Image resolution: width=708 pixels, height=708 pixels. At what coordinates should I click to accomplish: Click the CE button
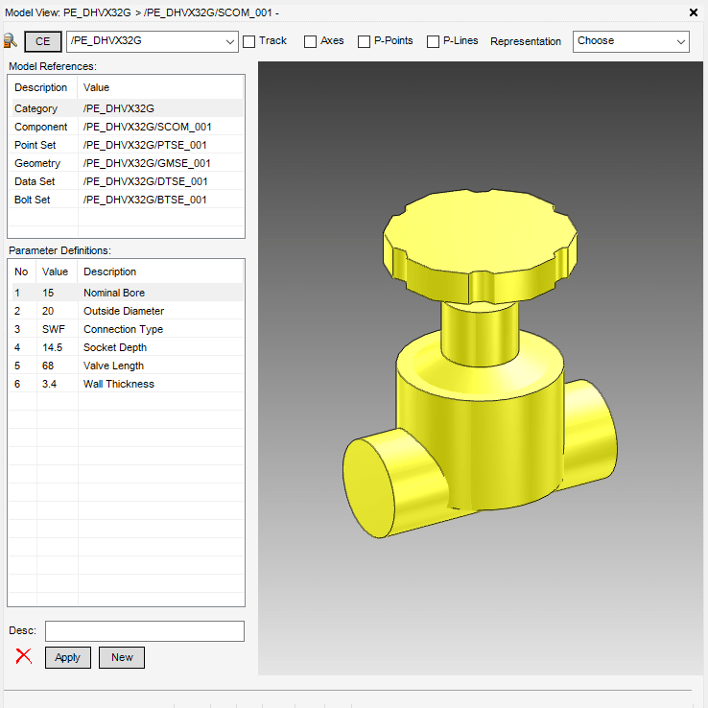pos(43,41)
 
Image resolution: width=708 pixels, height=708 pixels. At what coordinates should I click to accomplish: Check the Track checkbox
pos(249,41)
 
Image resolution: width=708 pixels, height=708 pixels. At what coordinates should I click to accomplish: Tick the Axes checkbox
pos(310,41)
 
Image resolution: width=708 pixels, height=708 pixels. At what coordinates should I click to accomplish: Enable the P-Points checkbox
pos(365,41)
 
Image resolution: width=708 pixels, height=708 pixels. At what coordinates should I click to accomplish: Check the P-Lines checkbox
pos(433,41)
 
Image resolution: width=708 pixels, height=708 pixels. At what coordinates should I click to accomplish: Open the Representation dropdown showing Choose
pos(630,41)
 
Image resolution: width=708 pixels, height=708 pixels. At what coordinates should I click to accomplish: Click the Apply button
pos(67,657)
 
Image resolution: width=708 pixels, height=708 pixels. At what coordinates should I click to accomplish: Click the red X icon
pos(24,657)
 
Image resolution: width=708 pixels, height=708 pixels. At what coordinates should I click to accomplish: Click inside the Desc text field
pos(144,630)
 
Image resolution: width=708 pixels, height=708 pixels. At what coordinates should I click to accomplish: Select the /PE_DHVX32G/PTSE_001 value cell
pos(145,145)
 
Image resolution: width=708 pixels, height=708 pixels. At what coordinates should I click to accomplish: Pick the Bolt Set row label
pos(33,200)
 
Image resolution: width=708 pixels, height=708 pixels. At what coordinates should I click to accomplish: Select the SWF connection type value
pos(53,329)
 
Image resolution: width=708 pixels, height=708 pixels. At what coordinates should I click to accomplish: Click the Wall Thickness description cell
pos(119,384)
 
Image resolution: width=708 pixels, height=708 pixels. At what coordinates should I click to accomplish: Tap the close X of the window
pos(694,12)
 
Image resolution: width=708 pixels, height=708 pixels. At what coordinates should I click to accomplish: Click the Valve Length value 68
pos(48,366)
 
